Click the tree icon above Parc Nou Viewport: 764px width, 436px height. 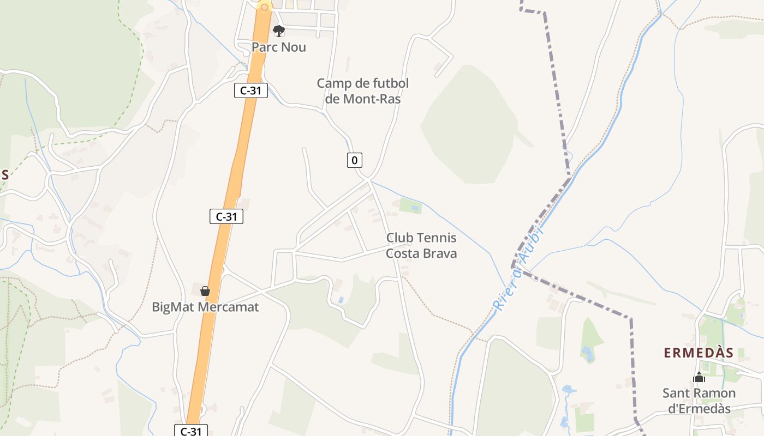[x=279, y=31]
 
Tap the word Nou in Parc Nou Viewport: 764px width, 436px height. [x=294, y=47]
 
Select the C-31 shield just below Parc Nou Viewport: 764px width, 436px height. [x=251, y=90]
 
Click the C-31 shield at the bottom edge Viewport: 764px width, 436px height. [x=191, y=431]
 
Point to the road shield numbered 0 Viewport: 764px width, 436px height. [x=355, y=160]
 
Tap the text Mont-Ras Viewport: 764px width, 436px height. [x=372, y=99]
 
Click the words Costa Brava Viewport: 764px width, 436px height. [x=421, y=253]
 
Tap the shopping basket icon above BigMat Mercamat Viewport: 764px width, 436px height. [x=205, y=291]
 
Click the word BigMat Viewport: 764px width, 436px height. [x=173, y=307]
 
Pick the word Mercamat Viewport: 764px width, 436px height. [x=228, y=307]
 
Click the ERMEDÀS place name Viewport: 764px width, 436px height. [x=699, y=353]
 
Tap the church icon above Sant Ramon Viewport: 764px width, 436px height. [x=699, y=377]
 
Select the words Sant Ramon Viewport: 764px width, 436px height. [x=699, y=393]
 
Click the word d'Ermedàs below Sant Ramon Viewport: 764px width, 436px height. [x=699, y=408]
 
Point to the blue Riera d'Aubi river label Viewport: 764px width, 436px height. [x=518, y=270]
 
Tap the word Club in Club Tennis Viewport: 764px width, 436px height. [x=398, y=238]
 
